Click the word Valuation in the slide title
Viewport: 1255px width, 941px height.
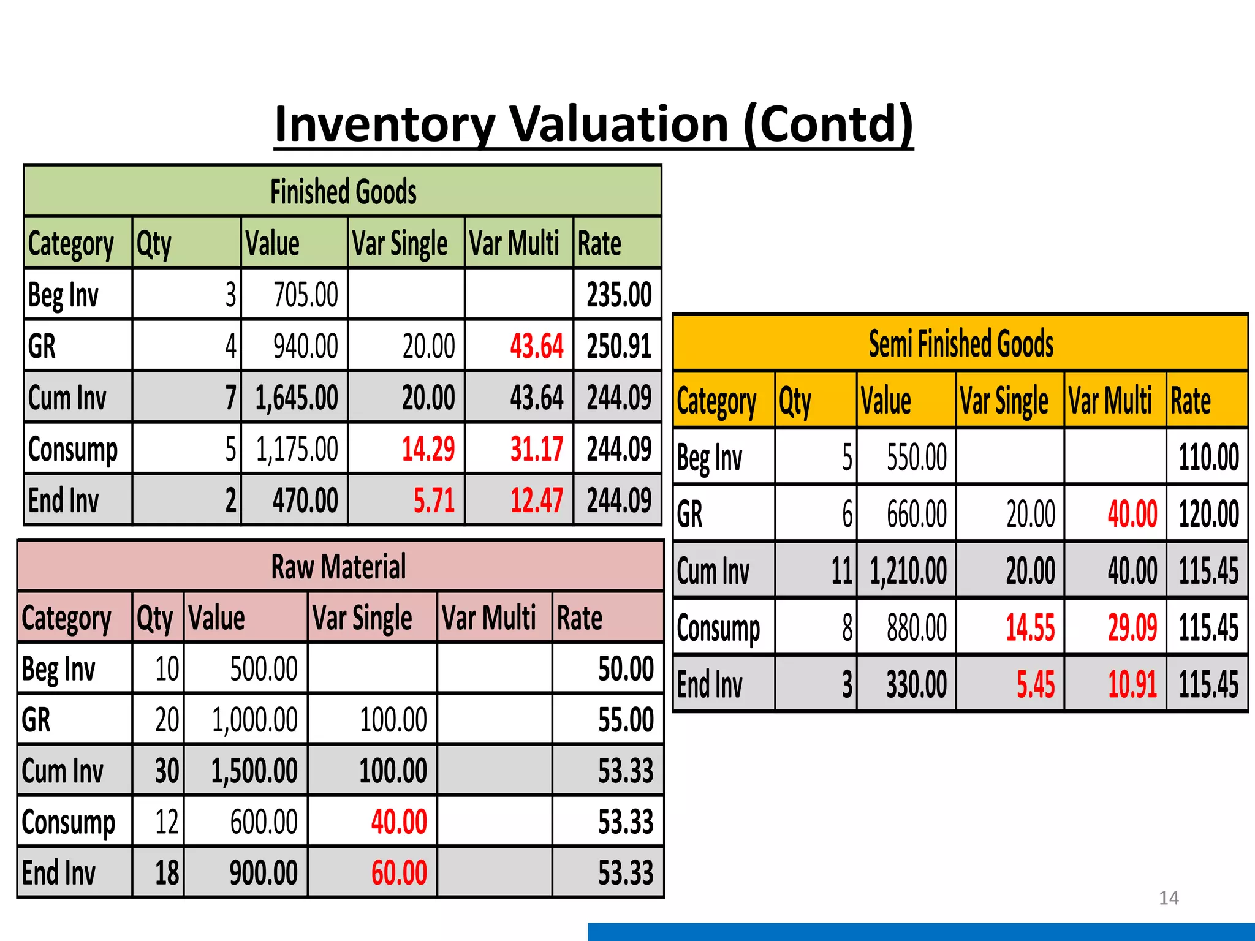pyautogui.click(x=619, y=124)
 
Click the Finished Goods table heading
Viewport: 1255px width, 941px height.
pyautogui.click(x=343, y=192)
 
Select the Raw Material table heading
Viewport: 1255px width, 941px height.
pyautogui.click(x=338, y=567)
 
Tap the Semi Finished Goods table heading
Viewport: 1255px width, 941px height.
pyautogui.click(x=961, y=344)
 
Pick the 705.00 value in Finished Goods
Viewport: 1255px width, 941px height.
pyautogui.click(x=305, y=295)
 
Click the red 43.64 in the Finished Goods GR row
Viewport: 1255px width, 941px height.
pyautogui.click(x=536, y=346)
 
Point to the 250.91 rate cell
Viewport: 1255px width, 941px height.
pyautogui.click(x=619, y=346)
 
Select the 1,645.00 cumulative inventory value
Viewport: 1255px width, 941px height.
pyautogui.click(x=297, y=398)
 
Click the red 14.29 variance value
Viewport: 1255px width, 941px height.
pyautogui.click(x=428, y=449)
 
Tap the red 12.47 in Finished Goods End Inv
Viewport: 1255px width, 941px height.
pyautogui.click(x=536, y=501)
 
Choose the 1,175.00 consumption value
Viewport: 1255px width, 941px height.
pyautogui.click(x=297, y=449)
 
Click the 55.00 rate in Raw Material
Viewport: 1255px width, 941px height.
pyautogui.click(x=626, y=720)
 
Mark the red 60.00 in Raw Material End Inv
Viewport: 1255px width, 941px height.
pyautogui.click(x=399, y=873)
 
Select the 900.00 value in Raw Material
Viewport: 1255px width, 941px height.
pyautogui.click(x=264, y=873)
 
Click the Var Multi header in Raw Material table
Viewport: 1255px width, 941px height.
pyautogui.click(x=488, y=618)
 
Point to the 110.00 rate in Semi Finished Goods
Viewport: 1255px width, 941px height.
pyautogui.click(x=1208, y=458)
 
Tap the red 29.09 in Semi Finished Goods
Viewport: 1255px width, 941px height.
pyautogui.click(x=1132, y=628)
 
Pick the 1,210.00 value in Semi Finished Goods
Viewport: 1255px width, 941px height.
pyautogui.click(x=908, y=571)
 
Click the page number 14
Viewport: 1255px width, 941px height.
pyautogui.click(x=1169, y=898)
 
